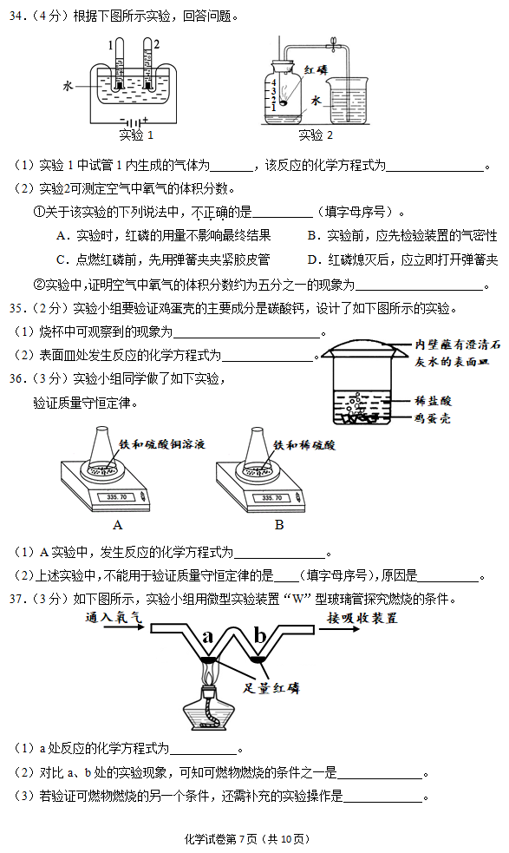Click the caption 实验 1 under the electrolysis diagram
click(136, 135)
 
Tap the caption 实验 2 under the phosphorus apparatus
click(316, 135)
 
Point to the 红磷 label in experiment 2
click(316, 69)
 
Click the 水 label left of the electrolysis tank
click(68, 85)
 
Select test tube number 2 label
click(157, 44)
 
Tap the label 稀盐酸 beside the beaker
click(433, 401)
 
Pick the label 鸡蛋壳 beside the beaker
click(433, 418)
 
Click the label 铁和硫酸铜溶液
click(162, 444)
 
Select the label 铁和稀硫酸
click(304, 445)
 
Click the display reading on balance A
click(117, 496)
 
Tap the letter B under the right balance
click(279, 525)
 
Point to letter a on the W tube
click(207, 636)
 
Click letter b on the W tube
click(260, 634)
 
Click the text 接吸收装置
click(362, 618)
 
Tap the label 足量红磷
click(271, 687)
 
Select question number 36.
click(19, 378)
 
